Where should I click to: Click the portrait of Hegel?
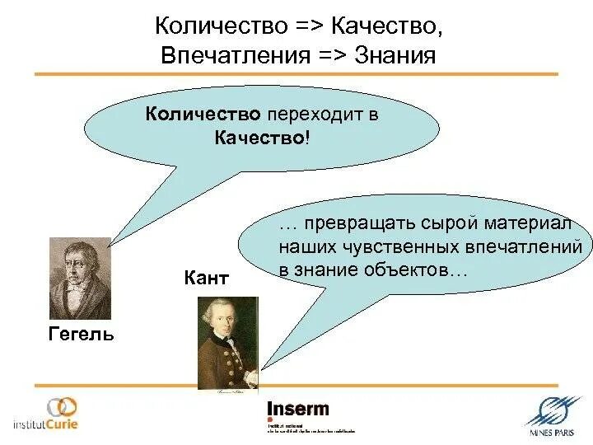point(80,278)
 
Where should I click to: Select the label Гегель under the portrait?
point(80,334)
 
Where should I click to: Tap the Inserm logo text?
point(297,409)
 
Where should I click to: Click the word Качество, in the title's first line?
point(387,26)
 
